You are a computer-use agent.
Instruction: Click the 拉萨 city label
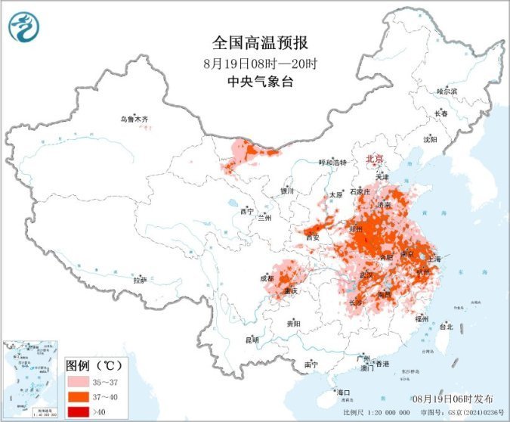pos(140,280)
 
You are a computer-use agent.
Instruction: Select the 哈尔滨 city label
pos(447,91)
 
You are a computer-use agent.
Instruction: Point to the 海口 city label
pos(344,393)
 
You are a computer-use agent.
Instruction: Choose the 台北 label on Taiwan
pos(445,327)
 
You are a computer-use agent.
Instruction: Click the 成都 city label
pos(267,278)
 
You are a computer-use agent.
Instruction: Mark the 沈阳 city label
pos(430,139)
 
